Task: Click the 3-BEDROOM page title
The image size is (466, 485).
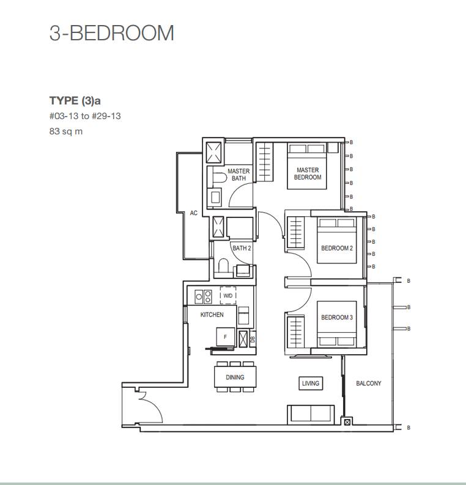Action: (x=111, y=33)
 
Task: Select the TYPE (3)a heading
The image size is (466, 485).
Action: (x=75, y=101)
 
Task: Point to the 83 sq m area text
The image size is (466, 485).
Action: (x=66, y=131)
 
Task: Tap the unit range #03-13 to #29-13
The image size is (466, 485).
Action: (x=85, y=116)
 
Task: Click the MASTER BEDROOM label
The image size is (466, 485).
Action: (x=308, y=173)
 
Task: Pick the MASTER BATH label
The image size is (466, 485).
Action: (x=239, y=175)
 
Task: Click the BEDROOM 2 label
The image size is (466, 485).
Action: (x=337, y=248)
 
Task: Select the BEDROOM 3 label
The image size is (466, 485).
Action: (x=337, y=318)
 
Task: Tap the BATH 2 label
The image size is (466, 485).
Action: (x=242, y=248)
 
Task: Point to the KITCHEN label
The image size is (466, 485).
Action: (x=212, y=315)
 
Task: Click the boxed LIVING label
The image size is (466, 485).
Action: (x=311, y=383)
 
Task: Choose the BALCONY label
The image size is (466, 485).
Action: (x=369, y=383)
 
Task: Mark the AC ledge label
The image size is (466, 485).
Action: (x=193, y=213)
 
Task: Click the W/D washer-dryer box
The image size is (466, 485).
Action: (x=228, y=296)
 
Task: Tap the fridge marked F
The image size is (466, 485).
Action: (x=226, y=337)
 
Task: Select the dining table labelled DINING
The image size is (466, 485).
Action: (x=235, y=377)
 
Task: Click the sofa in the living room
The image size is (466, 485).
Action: (x=311, y=414)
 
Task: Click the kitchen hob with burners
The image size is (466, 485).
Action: (x=203, y=297)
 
